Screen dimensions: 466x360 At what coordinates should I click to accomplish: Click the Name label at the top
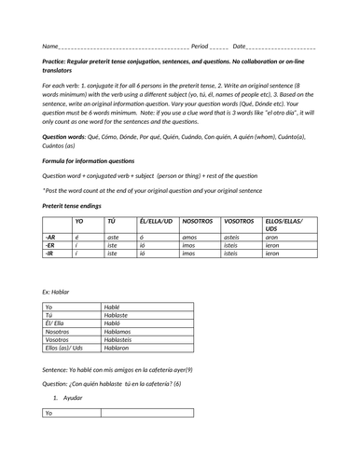(50, 46)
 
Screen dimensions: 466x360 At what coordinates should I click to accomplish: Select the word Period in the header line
(200, 46)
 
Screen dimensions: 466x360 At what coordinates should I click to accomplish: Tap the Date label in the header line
(240, 46)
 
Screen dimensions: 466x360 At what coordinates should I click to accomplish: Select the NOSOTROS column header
(198, 221)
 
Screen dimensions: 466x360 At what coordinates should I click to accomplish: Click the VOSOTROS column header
(240, 221)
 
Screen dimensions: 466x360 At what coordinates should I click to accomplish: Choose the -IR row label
(49, 253)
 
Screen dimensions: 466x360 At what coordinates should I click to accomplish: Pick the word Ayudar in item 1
(74, 398)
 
